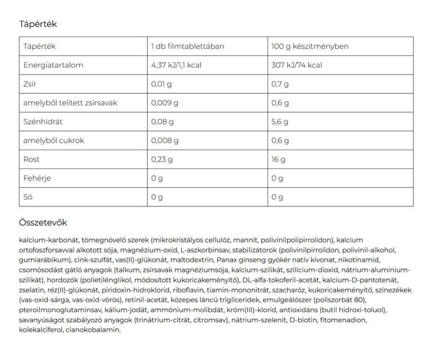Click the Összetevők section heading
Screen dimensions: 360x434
43,223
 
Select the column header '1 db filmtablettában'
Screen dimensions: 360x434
187,46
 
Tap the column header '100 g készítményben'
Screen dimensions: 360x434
310,46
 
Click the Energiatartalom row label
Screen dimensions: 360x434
53,65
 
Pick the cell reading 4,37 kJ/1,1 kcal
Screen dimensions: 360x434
176,65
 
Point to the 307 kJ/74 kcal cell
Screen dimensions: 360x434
297,65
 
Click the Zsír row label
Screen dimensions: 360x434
30,84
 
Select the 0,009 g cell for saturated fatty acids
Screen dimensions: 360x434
165,103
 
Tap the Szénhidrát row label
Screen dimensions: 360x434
43,122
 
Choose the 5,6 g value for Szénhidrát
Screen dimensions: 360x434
280,122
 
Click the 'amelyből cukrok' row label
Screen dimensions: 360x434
54,140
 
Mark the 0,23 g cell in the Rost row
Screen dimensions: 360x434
162,159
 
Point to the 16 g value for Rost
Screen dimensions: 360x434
278,159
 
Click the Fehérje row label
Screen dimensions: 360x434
37,178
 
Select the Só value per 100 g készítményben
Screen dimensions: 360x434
277,197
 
